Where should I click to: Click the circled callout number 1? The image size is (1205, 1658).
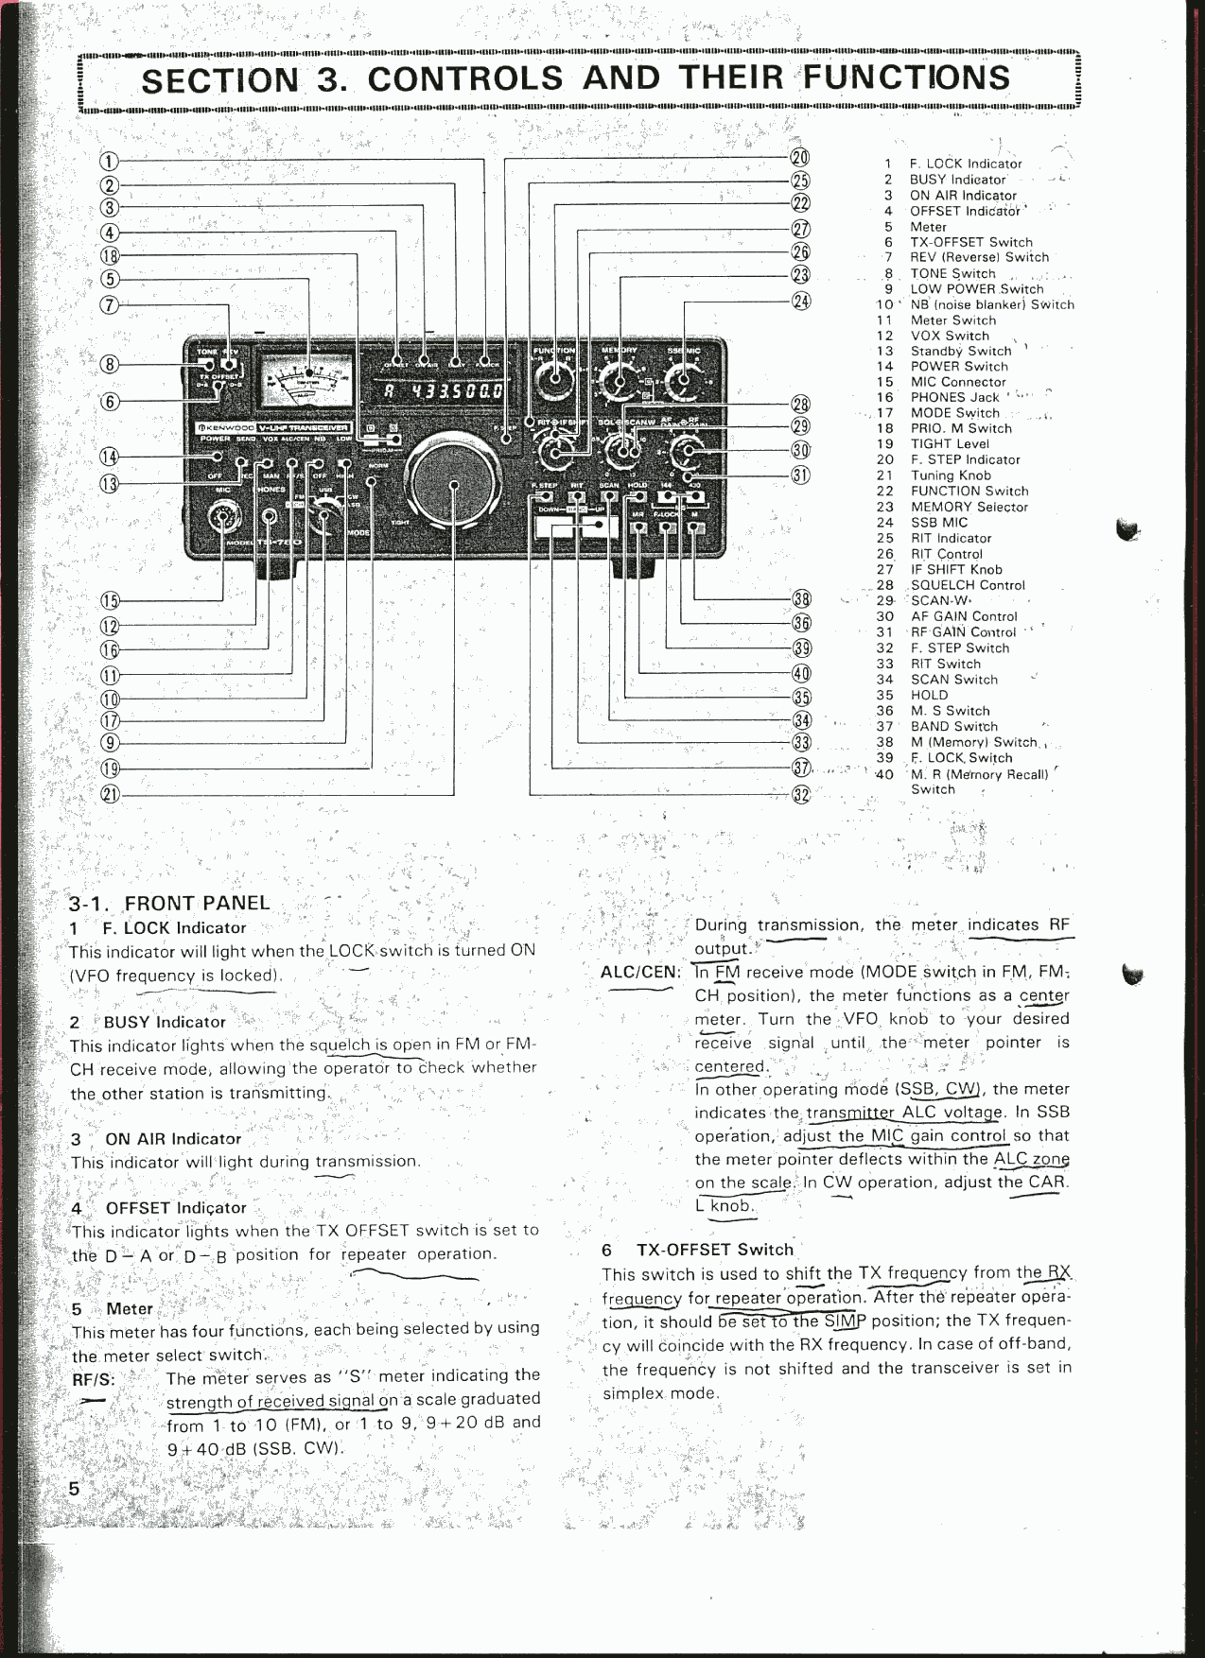tap(111, 162)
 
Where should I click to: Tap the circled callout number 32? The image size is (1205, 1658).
tap(800, 794)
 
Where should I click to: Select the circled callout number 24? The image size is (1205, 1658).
tap(800, 302)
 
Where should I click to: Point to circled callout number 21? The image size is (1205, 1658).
tap(111, 794)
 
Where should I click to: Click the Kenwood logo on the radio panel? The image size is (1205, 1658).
tap(226, 428)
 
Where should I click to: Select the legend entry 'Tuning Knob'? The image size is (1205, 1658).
tap(951, 475)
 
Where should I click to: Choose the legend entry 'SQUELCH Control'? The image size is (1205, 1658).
tap(967, 585)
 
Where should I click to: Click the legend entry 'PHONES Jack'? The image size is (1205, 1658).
tap(954, 397)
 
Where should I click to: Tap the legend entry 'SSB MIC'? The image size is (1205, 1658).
tap(938, 522)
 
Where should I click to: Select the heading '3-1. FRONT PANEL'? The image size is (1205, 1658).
tap(170, 903)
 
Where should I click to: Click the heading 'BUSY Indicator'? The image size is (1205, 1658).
tap(165, 1022)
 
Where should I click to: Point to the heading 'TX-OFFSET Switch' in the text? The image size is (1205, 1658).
tap(714, 1249)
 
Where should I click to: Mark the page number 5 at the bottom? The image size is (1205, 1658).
tap(73, 1489)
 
